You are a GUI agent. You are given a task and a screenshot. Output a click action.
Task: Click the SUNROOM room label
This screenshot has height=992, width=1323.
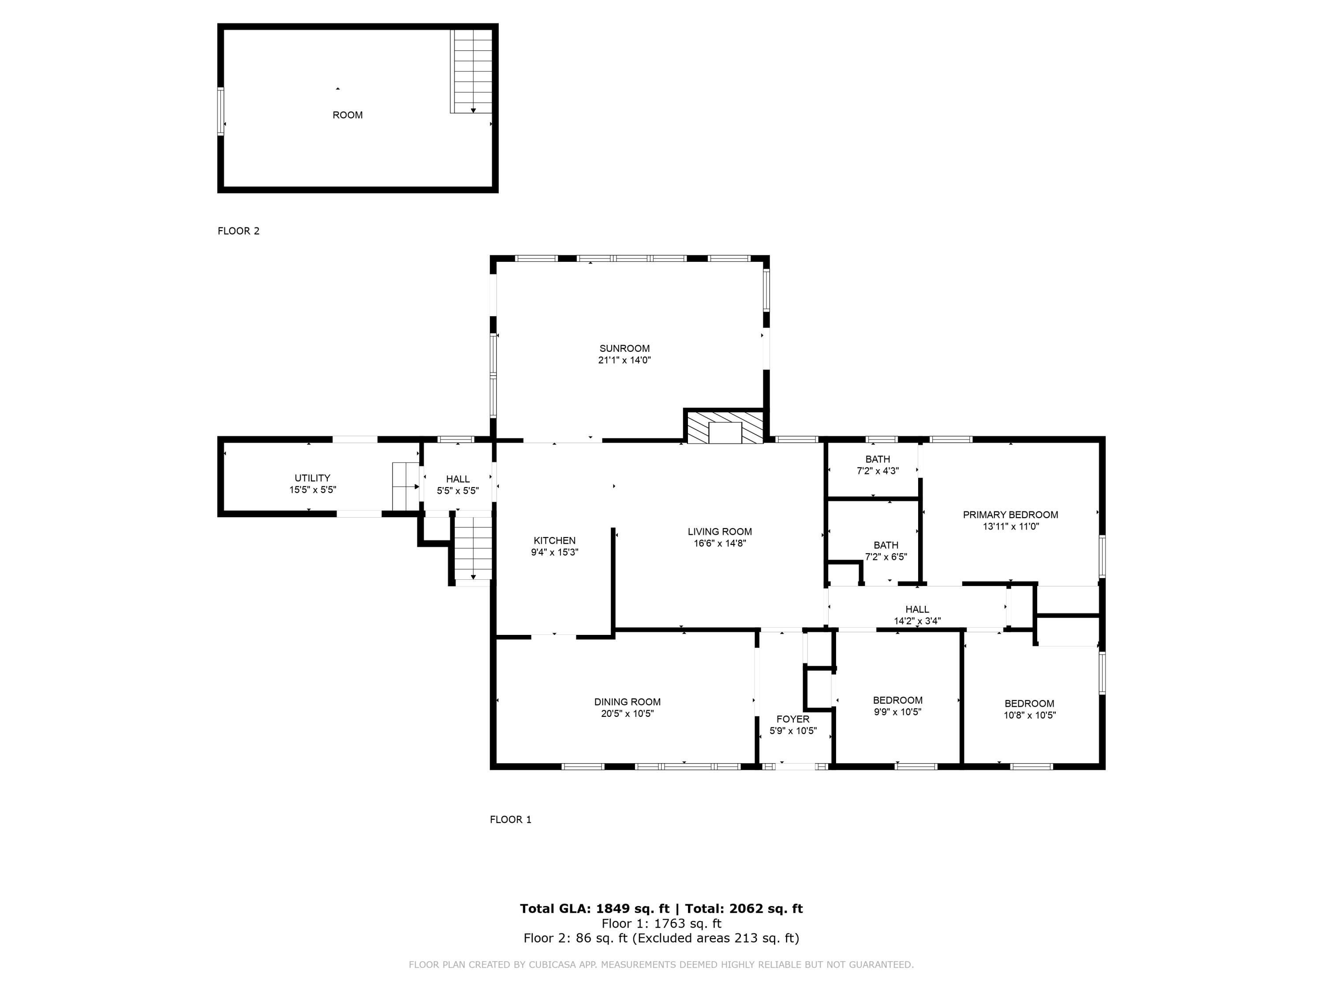pyautogui.click(x=624, y=349)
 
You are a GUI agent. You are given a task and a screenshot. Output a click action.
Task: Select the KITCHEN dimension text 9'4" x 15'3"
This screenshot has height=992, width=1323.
pyautogui.click(x=554, y=552)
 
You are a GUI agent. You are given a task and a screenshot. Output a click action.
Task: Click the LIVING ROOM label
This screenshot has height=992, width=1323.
pyautogui.click(x=720, y=532)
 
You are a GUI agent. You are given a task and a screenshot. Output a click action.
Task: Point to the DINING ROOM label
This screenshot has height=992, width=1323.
pyautogui.click(x=627, y=702)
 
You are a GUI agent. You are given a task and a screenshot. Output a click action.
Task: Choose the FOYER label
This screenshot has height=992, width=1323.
pyautogui.click(x=792, y=720)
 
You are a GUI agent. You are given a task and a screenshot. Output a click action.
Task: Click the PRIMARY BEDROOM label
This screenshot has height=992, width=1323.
pyautogui.click(x=1010, y=515)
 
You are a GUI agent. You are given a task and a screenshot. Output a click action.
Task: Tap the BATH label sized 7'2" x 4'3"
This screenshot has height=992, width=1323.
pyautogui.click(x=878, y=459)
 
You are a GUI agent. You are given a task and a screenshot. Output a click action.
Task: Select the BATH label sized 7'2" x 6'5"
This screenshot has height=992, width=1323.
pyautogui.click(x=886, y=545)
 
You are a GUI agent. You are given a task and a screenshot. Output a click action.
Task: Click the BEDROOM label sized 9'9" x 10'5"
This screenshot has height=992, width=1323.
pyautogui.click(x=897, y=700)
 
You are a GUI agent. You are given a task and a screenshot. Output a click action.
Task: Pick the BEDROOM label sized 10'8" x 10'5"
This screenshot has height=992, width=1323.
pyautogui.click(x=1029, y=704)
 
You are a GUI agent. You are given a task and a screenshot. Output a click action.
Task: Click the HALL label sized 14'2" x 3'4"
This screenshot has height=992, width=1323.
pyautogui.click(x=917, y=609)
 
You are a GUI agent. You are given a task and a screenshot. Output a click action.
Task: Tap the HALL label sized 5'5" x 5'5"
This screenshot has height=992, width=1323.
pyautogui.click(x=458, y=479)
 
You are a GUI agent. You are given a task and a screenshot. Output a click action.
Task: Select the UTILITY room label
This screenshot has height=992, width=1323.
pyautogui.click(x=312, y=478)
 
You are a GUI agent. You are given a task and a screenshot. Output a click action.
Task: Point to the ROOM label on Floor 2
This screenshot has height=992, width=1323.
pyautogui.click(x=348, y=115)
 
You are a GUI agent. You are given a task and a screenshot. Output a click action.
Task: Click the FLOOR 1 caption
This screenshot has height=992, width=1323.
pyautogui.click(x=510, y=820)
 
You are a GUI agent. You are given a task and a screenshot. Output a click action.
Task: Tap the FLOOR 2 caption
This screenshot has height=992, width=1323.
pyautogui.click(x=239, y=231)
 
